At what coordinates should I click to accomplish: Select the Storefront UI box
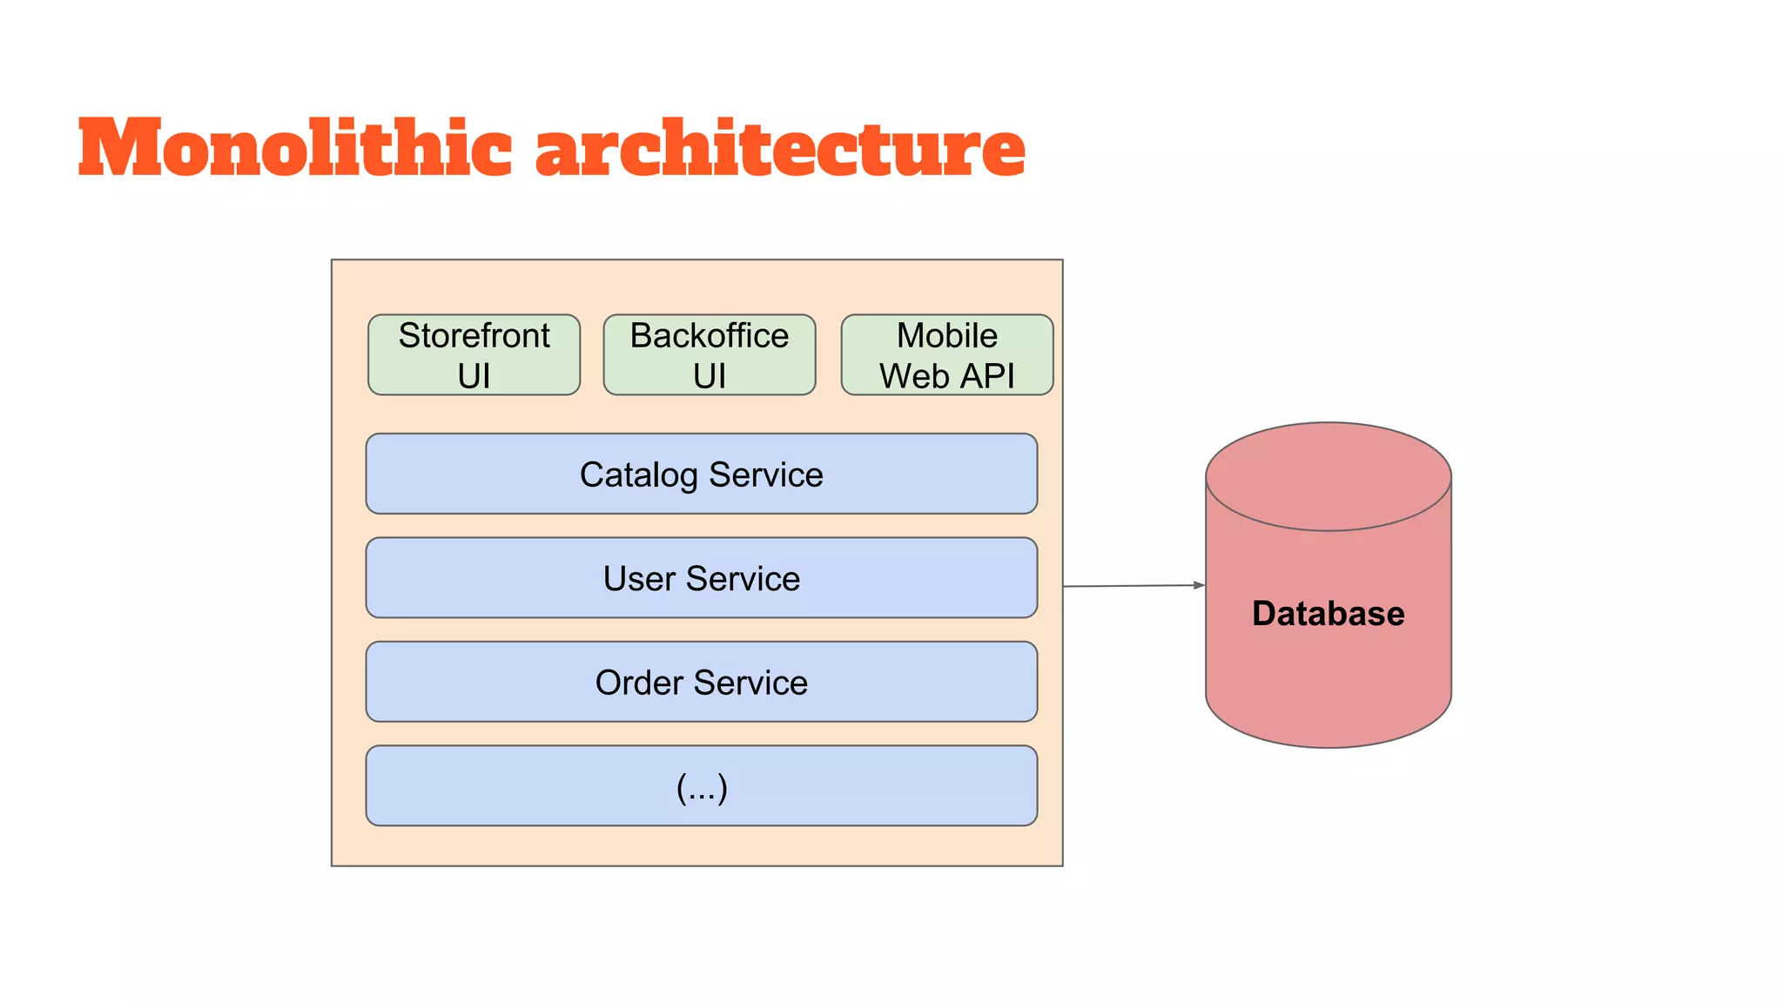(474, 355)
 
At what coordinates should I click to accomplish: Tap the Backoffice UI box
(709, 355)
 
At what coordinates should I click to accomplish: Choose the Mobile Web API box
(946, 355)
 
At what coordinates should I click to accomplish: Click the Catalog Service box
(701, 475)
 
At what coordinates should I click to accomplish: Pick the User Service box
(701, 578)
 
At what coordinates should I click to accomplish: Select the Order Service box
(701, 682)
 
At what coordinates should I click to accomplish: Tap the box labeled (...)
(701, 786)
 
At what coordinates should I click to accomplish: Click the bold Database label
(1328, 614)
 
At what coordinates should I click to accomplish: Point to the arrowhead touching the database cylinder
(1199, 585)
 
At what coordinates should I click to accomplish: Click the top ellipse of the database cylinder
(1328, 476)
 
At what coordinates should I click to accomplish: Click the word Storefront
(474, 336)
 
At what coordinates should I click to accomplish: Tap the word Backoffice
(709, 336)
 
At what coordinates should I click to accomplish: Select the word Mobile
(946, 336)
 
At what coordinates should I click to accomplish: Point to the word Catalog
(638, 475)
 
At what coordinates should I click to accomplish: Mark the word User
(638, 579)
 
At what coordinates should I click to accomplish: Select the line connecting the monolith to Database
(1132, 586)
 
